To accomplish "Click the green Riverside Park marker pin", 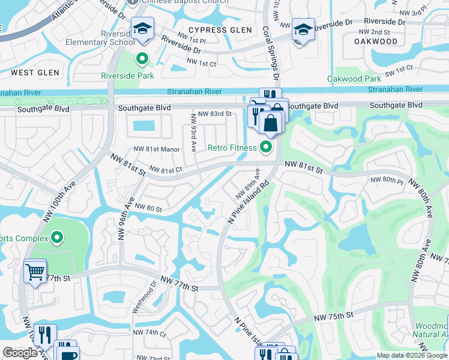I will click(142, 59).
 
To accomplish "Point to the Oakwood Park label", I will click(354, 79).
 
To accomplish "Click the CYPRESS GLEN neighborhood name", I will click(216, 30).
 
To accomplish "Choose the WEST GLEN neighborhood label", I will click(35, 73).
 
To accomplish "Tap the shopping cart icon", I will click(35, 272).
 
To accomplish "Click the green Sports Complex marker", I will click(57, 238).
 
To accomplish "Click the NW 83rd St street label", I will click(214, 113).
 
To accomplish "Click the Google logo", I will click(20, 353).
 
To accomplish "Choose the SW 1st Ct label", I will click(398, 70).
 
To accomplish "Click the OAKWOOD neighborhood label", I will click(376, 41).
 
